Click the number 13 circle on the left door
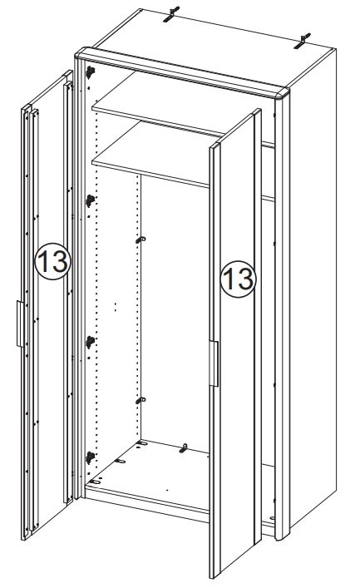tap(52, 261)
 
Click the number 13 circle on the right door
tap(238, 279)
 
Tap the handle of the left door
tap(20, 324)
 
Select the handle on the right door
tap(214, 363)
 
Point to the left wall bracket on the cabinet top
tap(171, 14)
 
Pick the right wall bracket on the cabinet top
tap(303, 41)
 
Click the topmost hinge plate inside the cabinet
tap(90, 72)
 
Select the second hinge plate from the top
tap(90, 201)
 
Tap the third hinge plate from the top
tap(90, 342)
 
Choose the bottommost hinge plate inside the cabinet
tap(90, 457)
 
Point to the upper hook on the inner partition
tap(141, 240)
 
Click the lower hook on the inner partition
tap(141, 401)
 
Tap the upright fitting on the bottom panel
tap(183, 447)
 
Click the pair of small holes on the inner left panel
tap(115, 307)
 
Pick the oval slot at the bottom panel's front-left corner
tap(96, 482)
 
